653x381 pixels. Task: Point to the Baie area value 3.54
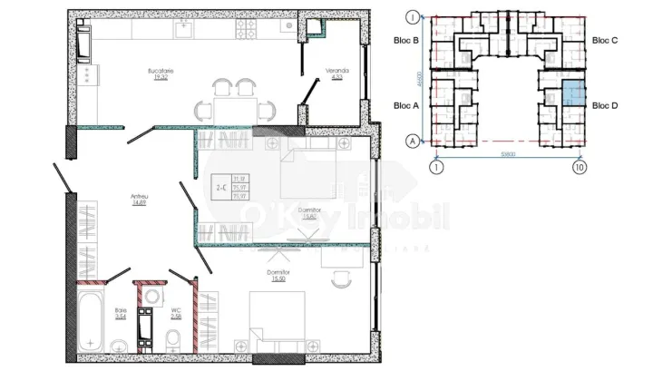tap(121, 317)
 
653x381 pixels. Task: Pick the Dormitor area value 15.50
tap(278, 278)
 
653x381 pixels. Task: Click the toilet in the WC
tap(172, 341)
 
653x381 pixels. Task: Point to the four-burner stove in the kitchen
tap(246, 29)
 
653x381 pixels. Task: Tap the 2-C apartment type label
tap(220, 189)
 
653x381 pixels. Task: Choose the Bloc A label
tap(406, 105)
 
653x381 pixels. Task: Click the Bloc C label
tap(605, 41)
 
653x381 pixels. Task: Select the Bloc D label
tap(605, 105)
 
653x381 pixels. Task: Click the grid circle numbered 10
tap(579, 168)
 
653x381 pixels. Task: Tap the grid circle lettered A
tap(413, 141)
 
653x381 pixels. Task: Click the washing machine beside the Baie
tap(145, 327)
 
